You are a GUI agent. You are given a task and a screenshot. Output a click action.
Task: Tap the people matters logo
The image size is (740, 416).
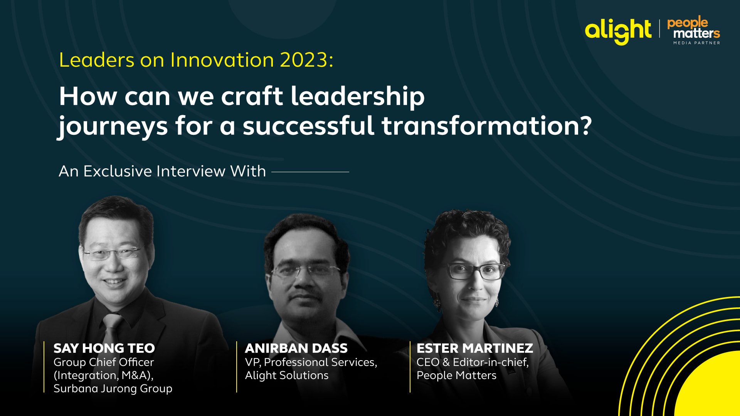(694, 30)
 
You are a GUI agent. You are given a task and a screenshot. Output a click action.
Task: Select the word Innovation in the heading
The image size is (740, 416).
(222, 60)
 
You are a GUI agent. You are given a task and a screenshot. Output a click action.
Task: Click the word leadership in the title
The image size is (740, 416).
(357, 96)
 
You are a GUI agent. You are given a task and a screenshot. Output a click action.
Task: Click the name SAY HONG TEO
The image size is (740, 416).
(104, 348)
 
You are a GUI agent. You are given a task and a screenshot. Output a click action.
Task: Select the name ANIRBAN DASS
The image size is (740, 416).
(296, 348)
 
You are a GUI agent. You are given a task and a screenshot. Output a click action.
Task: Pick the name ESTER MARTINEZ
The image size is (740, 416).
(475, 348)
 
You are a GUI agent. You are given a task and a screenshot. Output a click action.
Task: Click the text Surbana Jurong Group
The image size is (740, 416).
(113, 389)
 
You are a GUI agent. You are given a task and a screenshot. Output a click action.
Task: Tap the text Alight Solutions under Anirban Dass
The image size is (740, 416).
(287, 376)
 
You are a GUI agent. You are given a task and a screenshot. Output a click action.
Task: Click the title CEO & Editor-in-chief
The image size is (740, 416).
(473, 362)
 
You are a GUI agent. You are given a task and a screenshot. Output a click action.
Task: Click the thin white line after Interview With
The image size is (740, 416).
(310, 172)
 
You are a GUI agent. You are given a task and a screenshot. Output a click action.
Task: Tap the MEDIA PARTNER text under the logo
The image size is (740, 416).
(697, 43)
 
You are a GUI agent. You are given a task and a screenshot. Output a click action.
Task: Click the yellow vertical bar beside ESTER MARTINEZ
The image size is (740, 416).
(410, 367)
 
